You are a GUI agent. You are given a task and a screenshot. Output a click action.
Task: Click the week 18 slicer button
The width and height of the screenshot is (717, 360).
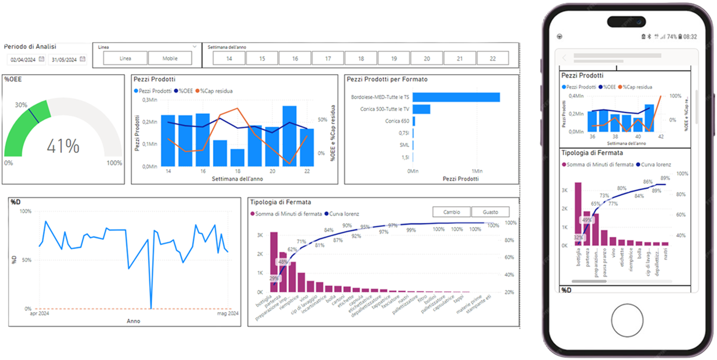point(361,58)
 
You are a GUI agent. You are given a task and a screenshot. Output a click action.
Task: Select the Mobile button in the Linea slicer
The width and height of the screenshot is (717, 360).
point(170,58)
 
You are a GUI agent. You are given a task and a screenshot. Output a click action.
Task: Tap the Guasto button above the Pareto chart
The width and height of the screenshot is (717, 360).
point(490,212)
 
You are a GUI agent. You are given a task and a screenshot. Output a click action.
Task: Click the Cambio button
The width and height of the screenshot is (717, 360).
point(452,212)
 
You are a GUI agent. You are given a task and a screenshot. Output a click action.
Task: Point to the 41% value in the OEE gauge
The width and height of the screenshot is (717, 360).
point(64,146)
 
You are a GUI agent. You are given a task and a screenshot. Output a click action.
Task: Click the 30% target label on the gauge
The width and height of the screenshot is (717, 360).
point(22,105)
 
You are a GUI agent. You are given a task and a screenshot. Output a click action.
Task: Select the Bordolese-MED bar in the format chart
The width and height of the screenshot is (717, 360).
point(457,97)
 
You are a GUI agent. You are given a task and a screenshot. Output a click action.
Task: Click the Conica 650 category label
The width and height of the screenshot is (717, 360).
point(397,121)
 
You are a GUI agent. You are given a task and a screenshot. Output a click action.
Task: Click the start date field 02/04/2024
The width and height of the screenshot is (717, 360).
point(23,60)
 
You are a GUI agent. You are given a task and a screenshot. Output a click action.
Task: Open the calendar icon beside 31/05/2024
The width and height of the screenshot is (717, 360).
point(83,59)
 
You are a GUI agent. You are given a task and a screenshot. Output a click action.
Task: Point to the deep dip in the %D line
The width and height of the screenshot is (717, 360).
point(151,306)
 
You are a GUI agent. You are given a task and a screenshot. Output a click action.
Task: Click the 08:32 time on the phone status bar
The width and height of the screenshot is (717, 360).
point(690,36)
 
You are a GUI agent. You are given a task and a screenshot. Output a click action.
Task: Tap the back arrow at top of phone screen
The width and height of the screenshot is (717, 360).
point(565,58)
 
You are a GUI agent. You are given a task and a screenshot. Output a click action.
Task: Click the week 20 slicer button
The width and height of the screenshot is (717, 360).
point(426,58)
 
